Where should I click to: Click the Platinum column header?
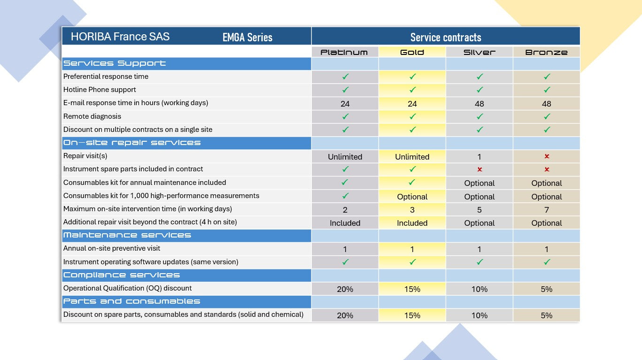[345, 52]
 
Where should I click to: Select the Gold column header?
[412, 52]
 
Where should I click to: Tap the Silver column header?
[479, 52]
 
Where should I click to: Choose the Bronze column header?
[546, 52]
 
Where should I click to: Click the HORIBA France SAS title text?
[120, 37]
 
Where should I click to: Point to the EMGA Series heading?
[248, 38]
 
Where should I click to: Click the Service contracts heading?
[446, 37]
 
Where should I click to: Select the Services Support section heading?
[115, 63]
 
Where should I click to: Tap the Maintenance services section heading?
[127, 235]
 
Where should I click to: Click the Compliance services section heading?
[122, 275]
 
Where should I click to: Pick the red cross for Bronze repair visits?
[547, 156]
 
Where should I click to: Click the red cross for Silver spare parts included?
[480, 169]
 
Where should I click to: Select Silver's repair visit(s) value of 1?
[479, 157]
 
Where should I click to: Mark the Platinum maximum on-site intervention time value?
[345, 210]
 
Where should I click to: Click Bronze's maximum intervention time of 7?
[546, 210]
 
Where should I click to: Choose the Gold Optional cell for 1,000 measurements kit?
[412, 197]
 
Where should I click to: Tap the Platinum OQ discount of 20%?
[345, 289]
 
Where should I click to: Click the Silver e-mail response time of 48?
[479, 104]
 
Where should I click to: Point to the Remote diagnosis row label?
[92, 116]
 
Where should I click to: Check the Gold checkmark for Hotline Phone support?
[412, 90]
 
